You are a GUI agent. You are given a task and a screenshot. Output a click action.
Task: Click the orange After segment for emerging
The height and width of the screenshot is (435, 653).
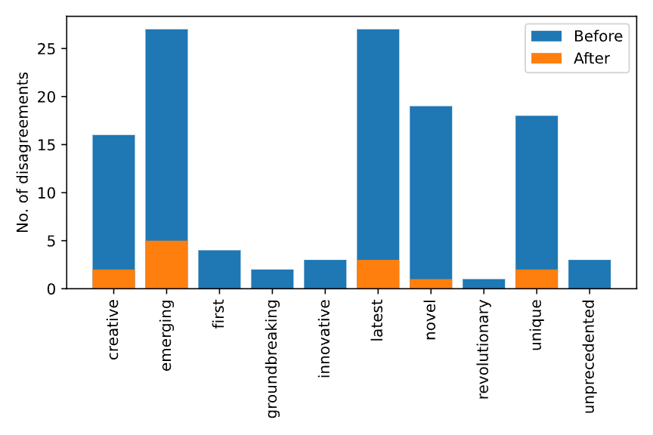pos(166,264)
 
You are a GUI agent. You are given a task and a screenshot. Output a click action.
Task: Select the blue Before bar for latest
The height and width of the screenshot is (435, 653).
pos(378,143)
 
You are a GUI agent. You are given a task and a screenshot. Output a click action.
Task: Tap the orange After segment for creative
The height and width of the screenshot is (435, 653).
pos(113,279)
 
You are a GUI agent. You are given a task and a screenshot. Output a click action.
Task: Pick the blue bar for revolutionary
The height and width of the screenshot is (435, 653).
pos(484,284)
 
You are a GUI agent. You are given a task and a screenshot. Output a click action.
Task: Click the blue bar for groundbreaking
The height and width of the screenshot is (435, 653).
pos(272,279)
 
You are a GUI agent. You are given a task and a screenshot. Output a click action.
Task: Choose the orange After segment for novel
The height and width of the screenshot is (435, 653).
pos(431,284)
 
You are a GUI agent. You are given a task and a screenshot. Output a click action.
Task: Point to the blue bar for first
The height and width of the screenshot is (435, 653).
pos(219,270)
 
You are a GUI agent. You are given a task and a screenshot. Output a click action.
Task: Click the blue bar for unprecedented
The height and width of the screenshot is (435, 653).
pos(590,274)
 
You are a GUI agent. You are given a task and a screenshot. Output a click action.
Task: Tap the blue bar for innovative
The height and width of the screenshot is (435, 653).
pos(325,274)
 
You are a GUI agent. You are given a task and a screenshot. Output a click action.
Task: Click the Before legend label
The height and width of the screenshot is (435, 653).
pos(597,36)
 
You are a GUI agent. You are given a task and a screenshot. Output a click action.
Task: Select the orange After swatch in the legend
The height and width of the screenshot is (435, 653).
pos(546,58)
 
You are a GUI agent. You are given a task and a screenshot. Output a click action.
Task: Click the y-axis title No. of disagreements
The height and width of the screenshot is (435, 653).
pos(23,153)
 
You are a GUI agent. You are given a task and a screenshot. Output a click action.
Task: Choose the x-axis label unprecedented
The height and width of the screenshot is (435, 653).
pos(590,356)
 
